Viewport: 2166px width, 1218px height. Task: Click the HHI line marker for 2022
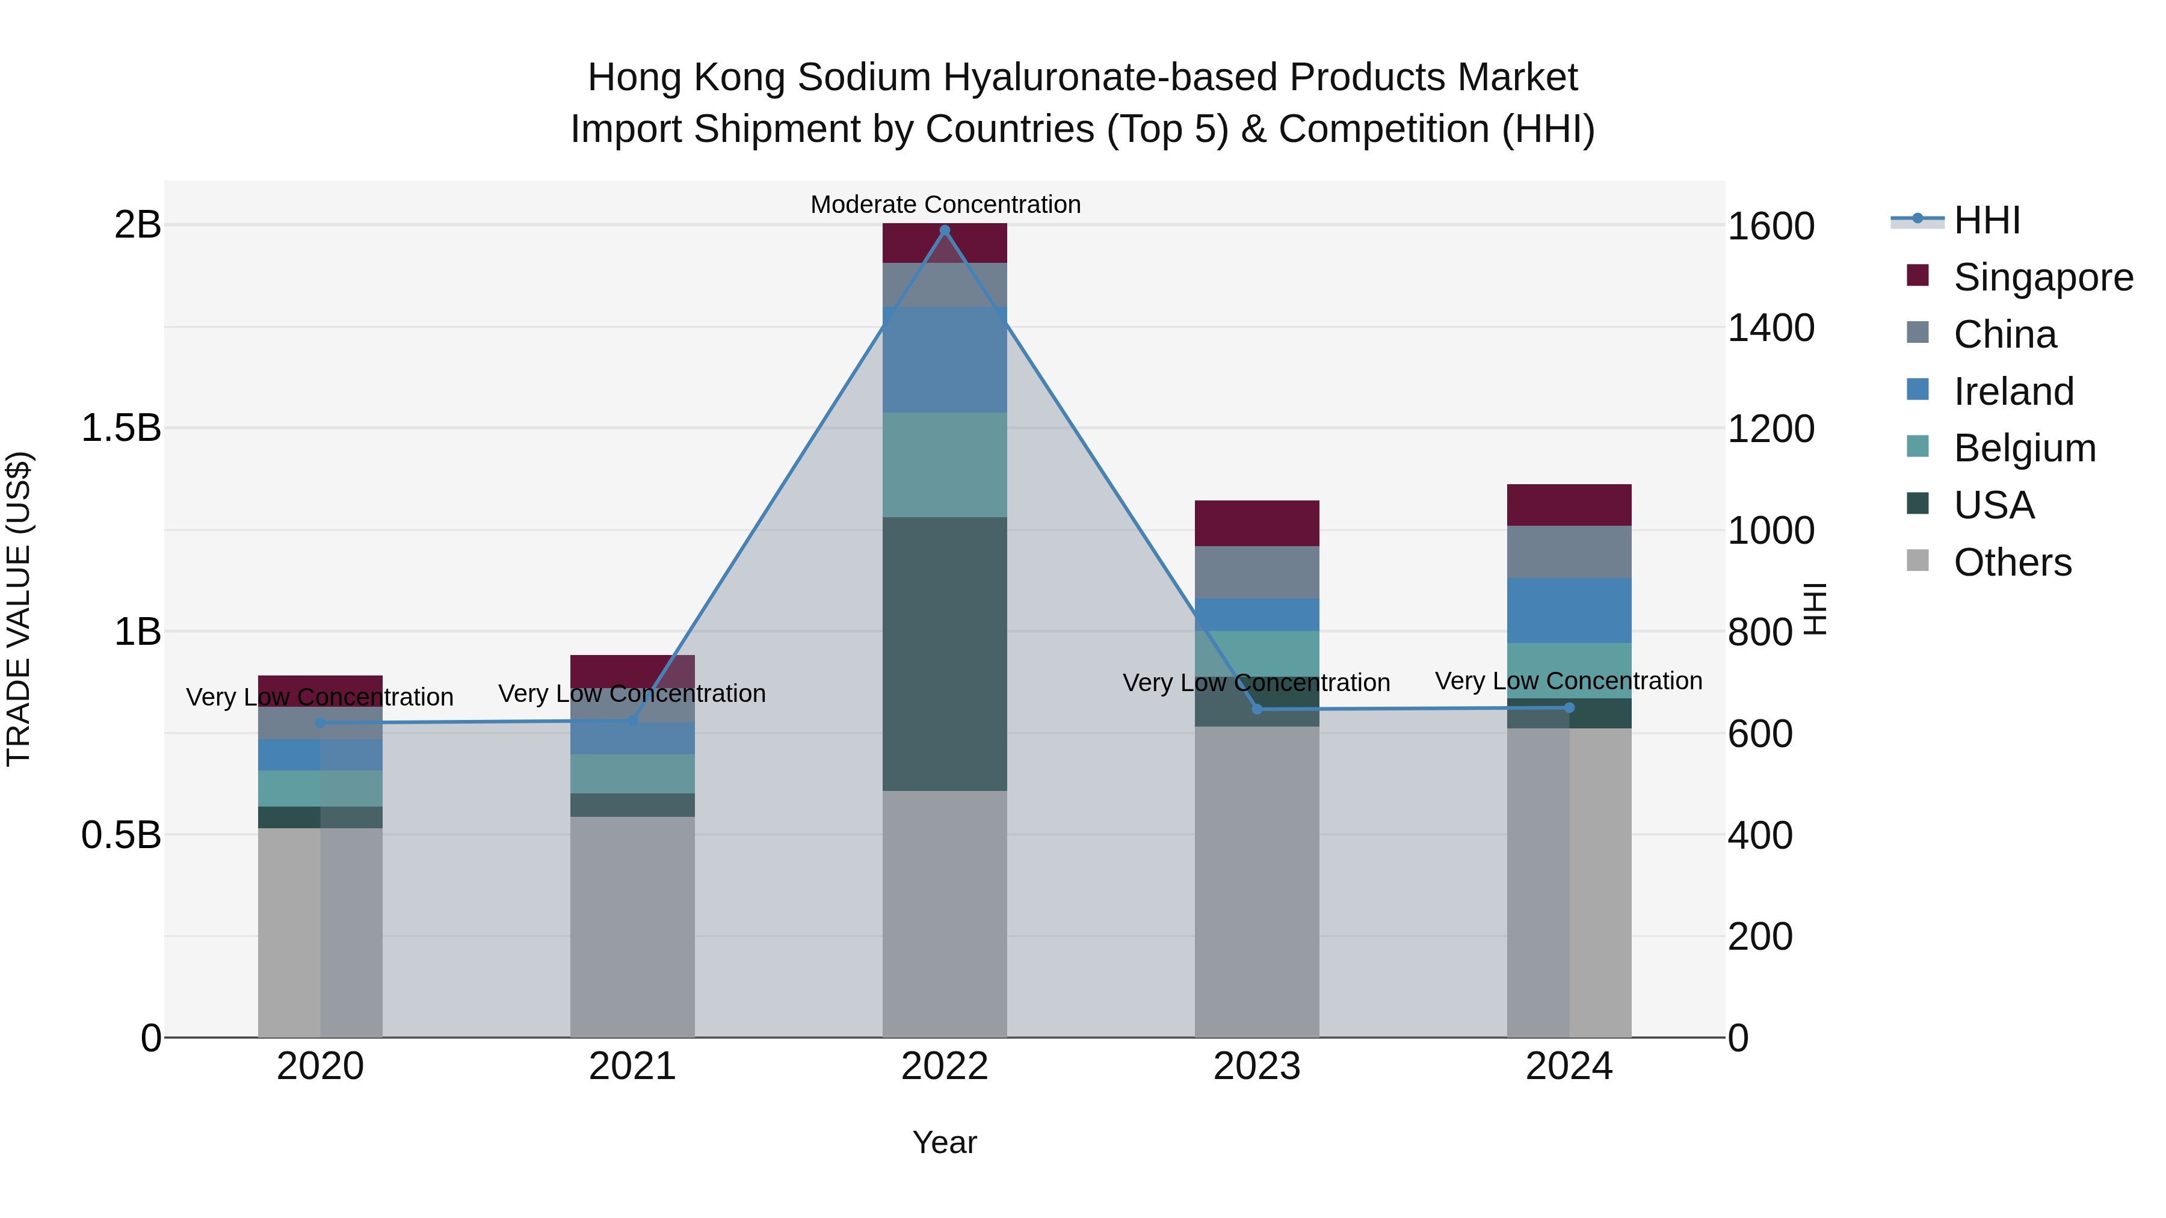click(944, 230)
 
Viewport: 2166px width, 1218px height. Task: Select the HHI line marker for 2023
click(1257, 710)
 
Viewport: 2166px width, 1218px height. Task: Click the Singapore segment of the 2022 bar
click(944, 244)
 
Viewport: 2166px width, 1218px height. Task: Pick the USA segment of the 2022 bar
click(944, 654)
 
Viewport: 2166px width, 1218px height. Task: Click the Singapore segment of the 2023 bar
click(1257, 523)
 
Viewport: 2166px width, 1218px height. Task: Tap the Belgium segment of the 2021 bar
click(632, 774)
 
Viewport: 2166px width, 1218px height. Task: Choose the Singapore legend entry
click(2043, 277)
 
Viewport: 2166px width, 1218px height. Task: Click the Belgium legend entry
click(2024, 448)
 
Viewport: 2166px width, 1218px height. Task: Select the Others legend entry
click(2012, 562)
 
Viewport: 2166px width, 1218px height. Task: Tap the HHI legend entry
click(1986, 220)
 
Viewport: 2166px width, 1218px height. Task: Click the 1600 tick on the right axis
click(1771, 226)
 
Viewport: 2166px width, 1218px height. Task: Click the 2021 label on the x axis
click(632, 1066)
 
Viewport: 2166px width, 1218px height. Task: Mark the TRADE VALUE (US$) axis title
click(19, 609)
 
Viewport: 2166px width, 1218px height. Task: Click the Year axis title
click(944, 1142)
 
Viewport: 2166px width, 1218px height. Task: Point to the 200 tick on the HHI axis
click(1760, 937)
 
